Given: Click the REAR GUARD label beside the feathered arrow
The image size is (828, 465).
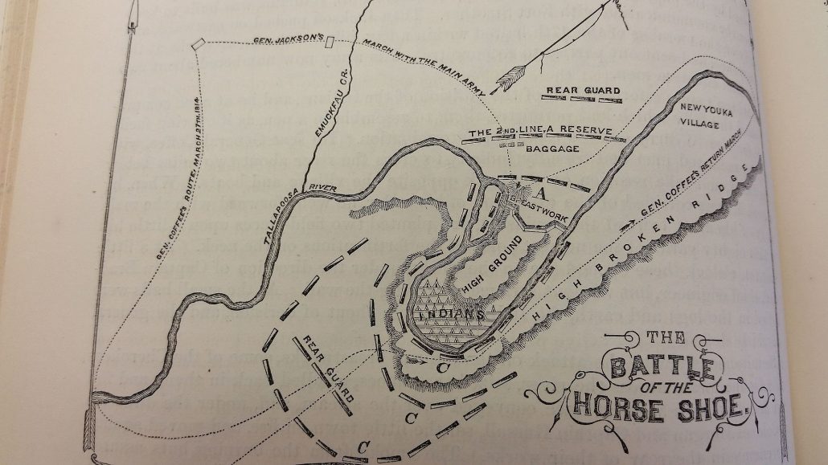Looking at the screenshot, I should pyautogui.click(x=583, y=91).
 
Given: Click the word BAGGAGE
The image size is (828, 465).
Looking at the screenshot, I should pyautogui.click(x=555, y=148).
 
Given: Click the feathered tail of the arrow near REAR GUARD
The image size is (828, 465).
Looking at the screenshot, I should pyautogui.click(x=508, y=79).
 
